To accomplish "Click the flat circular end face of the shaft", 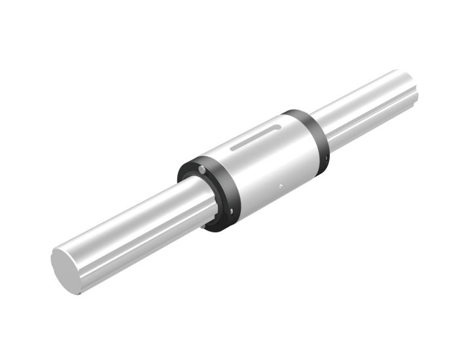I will [67, 270].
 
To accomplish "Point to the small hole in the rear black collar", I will [323, 158].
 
